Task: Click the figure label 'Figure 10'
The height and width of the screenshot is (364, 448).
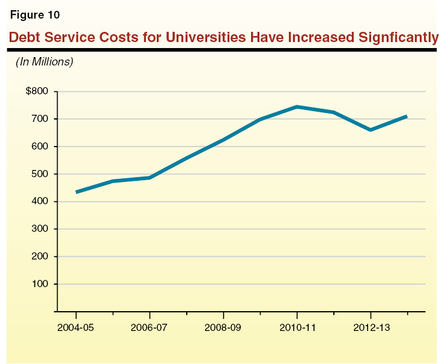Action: [34, 14]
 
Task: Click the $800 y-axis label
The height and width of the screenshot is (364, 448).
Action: [36, 92]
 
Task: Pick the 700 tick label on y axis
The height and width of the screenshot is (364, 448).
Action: [40, 120]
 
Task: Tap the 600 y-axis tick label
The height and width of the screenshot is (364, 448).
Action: [40, 147]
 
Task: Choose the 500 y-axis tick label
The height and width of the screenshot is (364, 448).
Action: [40, 174]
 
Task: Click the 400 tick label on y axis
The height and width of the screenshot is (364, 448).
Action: [40, 202]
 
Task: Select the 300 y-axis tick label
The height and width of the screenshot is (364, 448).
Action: [40, 229]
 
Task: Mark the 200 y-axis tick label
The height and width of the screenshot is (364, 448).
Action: [40, 256]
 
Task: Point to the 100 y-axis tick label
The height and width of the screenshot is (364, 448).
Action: [40, 284]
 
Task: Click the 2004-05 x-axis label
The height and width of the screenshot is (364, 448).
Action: [76, 329]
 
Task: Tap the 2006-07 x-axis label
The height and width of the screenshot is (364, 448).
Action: [150, 329]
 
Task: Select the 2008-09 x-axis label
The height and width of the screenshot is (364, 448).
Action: [223, 329]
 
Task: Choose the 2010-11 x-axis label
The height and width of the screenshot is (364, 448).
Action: [297, 329]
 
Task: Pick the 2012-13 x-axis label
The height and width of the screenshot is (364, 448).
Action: [371, 329]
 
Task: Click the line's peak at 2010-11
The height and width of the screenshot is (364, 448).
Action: [297, 107]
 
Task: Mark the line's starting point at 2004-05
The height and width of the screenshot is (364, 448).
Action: [77, 192]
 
